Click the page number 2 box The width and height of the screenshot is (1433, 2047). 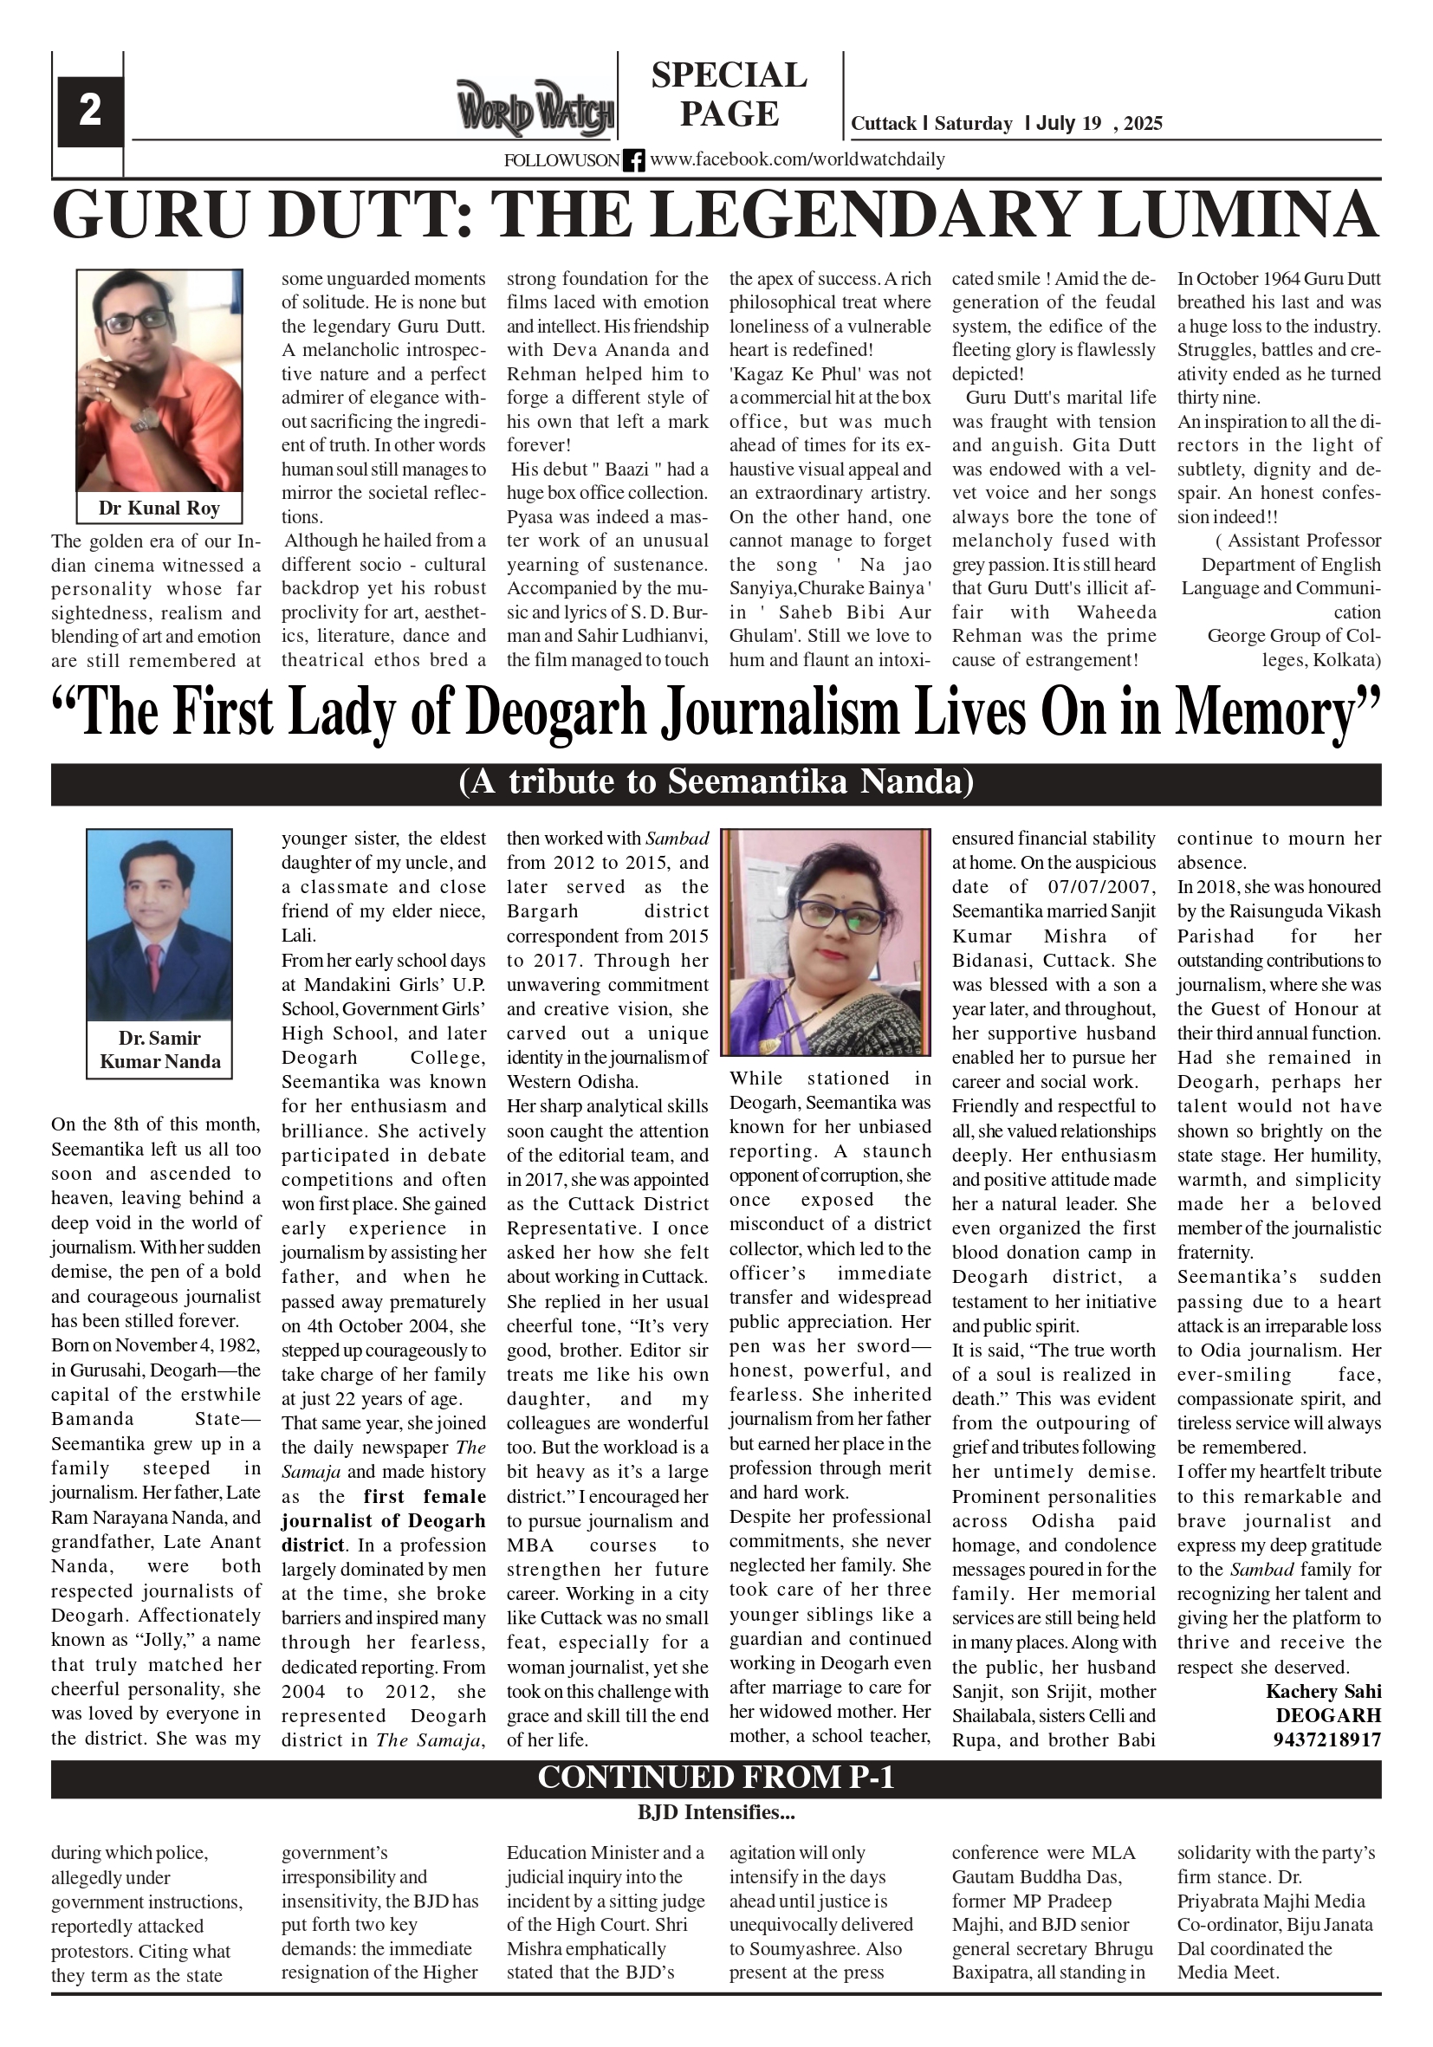click(89, 112)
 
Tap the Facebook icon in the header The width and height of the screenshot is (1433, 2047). click(633, 160)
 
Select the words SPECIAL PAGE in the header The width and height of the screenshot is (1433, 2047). click(729, 94)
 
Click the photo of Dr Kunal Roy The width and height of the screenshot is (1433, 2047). click(159, 379)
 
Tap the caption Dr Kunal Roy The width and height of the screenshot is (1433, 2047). click(159, 509)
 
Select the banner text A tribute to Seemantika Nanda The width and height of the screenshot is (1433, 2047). click(716, 782)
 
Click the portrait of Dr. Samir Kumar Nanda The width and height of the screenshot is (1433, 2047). click(159, 924)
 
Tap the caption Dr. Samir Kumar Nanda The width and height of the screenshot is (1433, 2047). click(159, 1049)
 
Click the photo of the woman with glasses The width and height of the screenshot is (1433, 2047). click(826, 943)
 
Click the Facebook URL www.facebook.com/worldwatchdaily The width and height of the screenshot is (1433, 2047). click(797, 159)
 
